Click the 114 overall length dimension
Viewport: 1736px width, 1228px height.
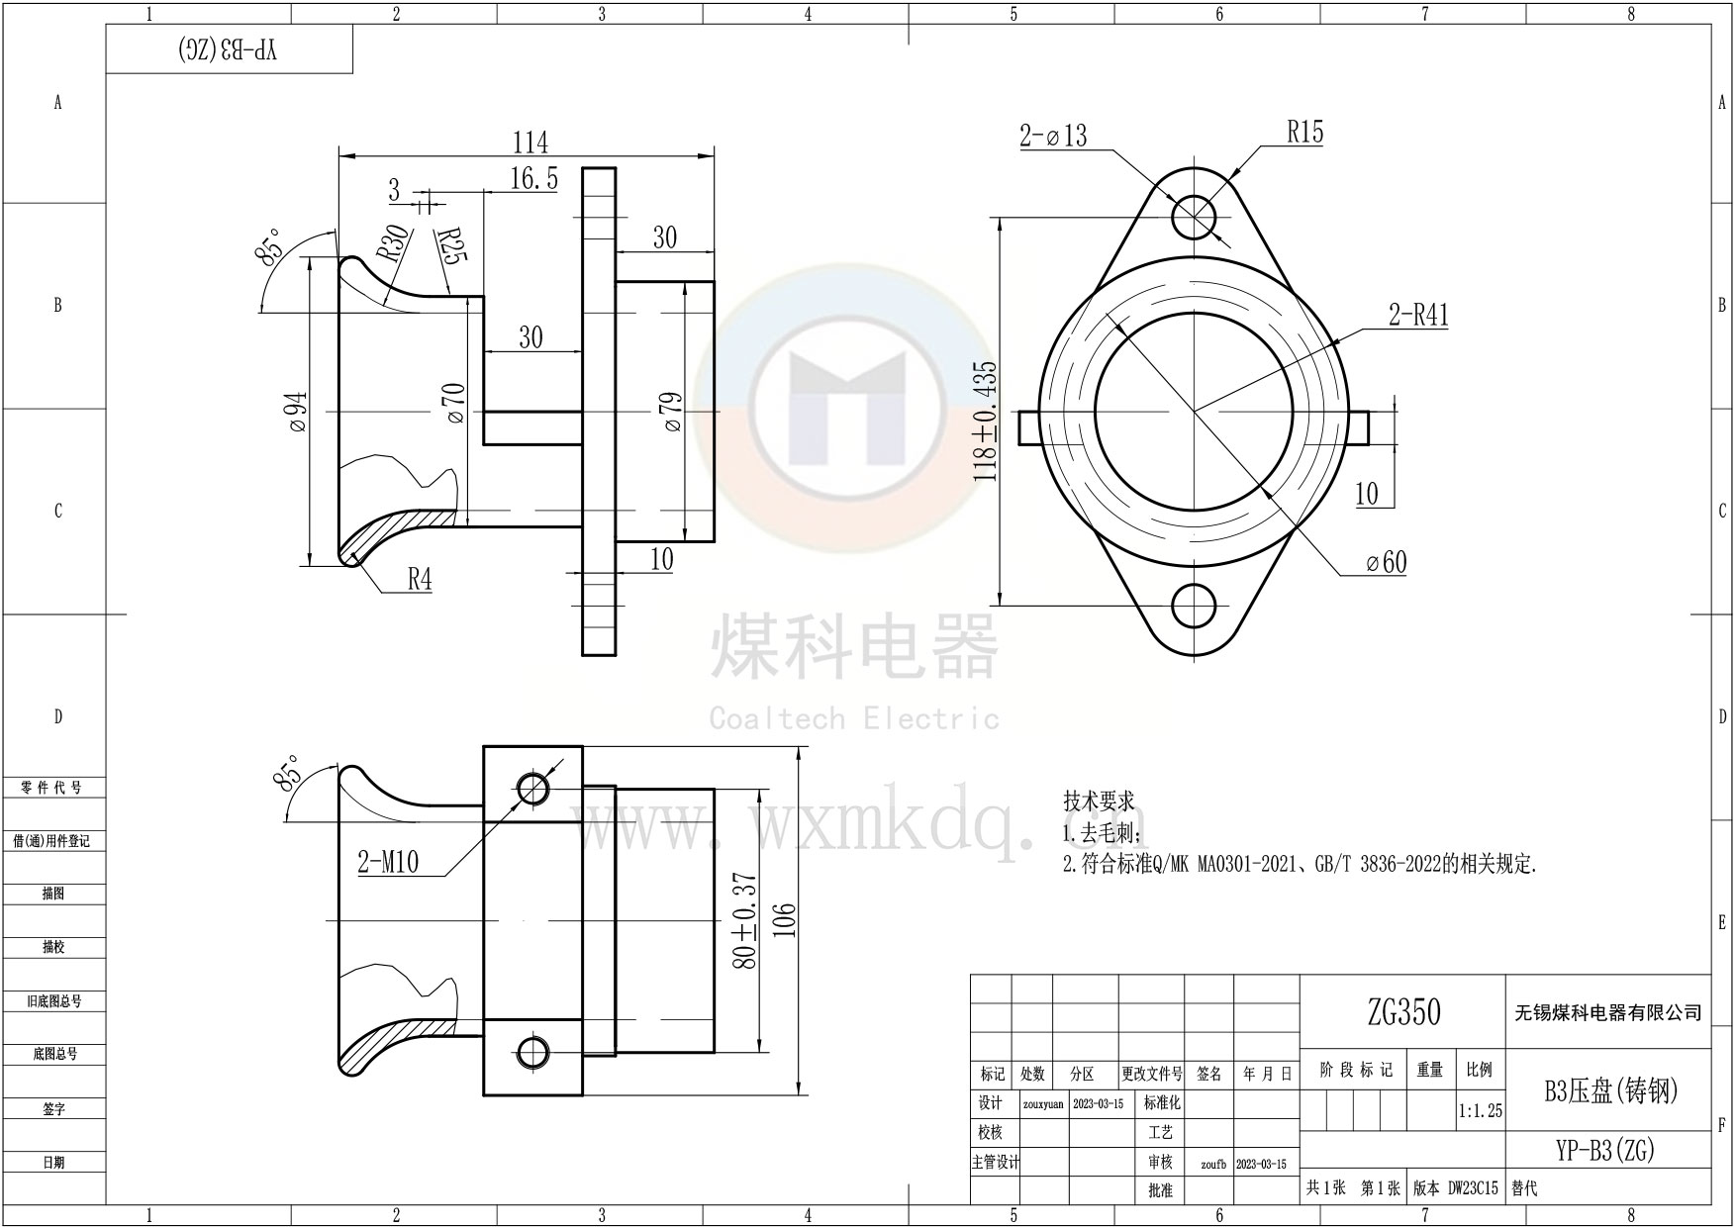coord(530,143)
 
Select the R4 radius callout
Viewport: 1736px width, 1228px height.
coord(421,580)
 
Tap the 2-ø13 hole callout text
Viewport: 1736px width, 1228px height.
coord(1053,136)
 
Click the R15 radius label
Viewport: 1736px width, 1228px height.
coord(1304,133)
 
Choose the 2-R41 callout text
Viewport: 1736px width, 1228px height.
coord(1417,316)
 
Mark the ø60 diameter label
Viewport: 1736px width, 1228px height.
coord(1386,563)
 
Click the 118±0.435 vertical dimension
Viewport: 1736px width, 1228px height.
coord(987,422)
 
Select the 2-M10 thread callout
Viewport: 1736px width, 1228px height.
coord(388,863)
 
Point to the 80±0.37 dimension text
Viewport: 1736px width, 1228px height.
coord(746,920)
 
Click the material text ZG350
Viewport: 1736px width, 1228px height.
coord(1403,1012)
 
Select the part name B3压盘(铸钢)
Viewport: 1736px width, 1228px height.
coord(1611,1090)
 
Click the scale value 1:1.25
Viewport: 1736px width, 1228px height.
coord(1480,1111)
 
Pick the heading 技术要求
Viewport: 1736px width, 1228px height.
coord(1099,801)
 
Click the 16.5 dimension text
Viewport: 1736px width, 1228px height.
coord(534,179)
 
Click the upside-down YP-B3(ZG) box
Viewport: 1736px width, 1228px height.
coord(230,50)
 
